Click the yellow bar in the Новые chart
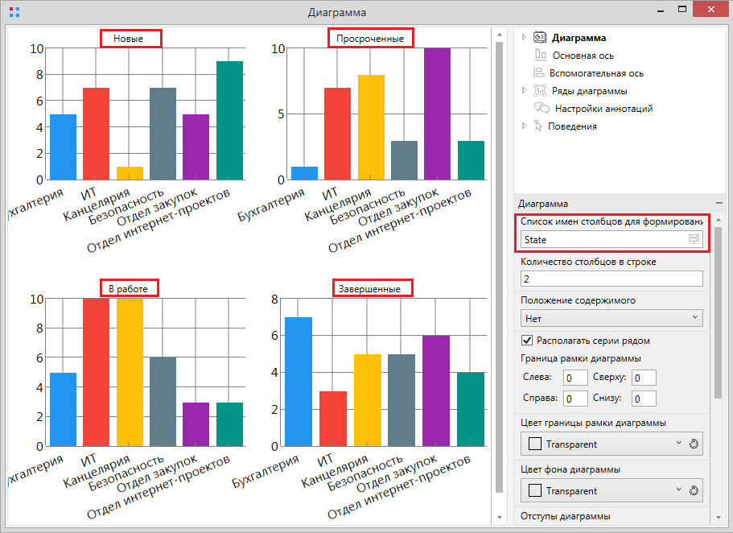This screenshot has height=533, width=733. [130, 173]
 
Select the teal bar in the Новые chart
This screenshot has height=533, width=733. [229, 121]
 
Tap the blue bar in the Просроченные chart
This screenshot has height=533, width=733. [304, 173]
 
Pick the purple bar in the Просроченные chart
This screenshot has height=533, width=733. [437, 114]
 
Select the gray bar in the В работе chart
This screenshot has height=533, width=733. [163, 402]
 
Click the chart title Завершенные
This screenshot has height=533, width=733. [372, 287]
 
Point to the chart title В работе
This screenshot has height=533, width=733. [129, 287]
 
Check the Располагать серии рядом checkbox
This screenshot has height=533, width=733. [528, 340]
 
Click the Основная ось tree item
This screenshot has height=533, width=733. [583, 56]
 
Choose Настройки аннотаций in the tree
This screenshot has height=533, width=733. [603, 109]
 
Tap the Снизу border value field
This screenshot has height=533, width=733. [644, 399]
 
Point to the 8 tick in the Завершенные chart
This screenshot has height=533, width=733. [274, 300]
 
